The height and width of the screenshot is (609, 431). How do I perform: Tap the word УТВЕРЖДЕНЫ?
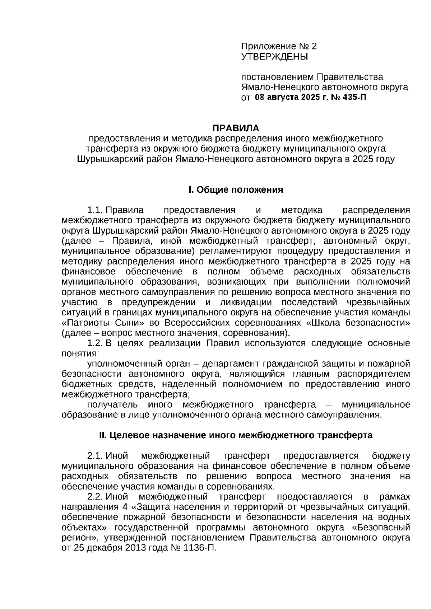tap(274, 56)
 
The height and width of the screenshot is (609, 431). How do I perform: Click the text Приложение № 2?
tap(279, 46)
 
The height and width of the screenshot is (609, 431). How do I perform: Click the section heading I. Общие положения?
tap(236, 190)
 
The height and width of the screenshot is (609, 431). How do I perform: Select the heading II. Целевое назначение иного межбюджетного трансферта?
tap(236, 435)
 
